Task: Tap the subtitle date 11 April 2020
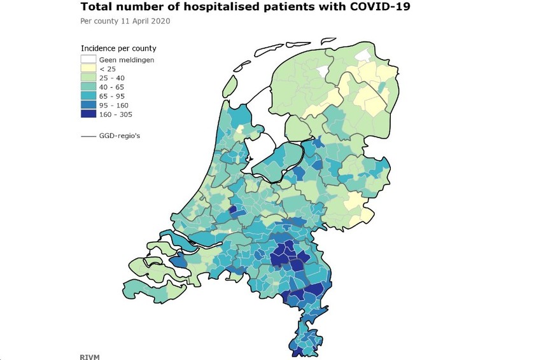pos(145,21)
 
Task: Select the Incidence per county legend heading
pos(118,48)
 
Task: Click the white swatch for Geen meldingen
pos(88,59)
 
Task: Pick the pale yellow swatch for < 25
pos(88,68)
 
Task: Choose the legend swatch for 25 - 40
pos(88,78)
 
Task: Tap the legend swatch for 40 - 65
pos(88,87)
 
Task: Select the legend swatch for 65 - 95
pos(88,96)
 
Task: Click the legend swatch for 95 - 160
pos(88,105)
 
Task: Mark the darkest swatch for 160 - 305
pos(88,114)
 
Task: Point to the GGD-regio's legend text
pos(120,136)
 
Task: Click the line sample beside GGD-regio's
pos(88,136)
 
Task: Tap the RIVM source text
pos(90,357)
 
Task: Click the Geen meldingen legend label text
pos(127,60)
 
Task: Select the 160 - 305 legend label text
pos(116,114)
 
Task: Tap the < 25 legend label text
pos(108,69)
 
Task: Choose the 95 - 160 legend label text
pos(113,105)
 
